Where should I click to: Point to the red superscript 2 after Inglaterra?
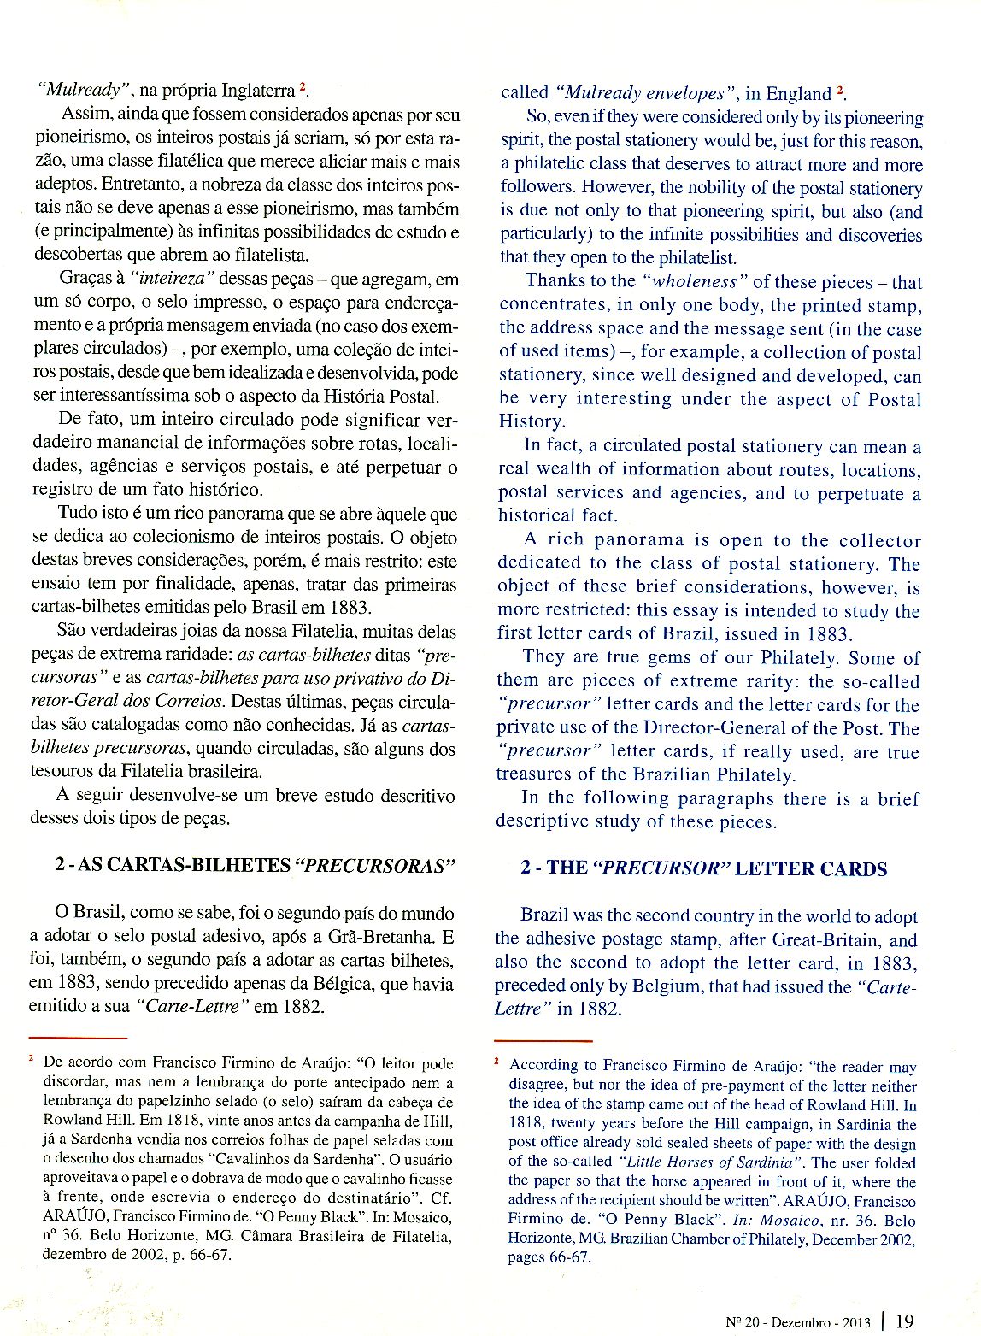click(x=302, y=88)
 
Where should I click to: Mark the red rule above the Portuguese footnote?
click(x=78, y=1038)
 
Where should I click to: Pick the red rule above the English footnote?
click(x=543, y=1041)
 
